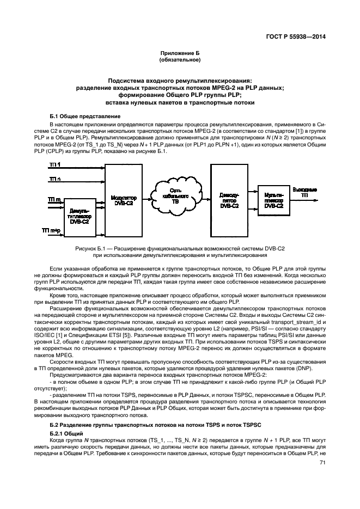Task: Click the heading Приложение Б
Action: (180, 53)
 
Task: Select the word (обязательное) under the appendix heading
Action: (180, 59)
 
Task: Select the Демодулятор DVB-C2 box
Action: (228, 200)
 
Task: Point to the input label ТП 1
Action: (55, 164)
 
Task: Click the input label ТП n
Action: (55, 179)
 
